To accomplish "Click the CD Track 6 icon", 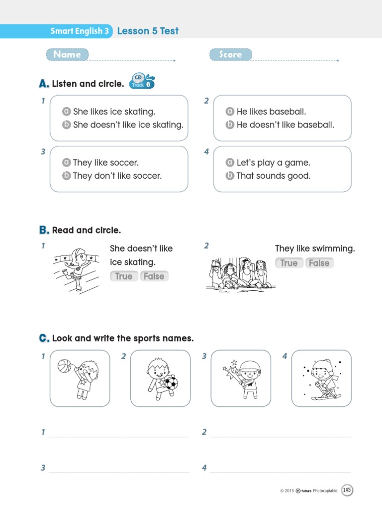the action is [x=142, y=81].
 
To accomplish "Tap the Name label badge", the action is [x=67, y=54].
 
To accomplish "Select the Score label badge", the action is [x=231, y=54].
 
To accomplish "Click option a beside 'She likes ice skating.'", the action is [x=66, y=112].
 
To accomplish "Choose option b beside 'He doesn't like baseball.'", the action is [x=230, y=125].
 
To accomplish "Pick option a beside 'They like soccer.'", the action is [x=66, y=162].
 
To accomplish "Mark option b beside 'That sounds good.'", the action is [x=230, y=176].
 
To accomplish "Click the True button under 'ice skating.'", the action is [x=124, y=276].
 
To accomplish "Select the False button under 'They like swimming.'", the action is [x=319, y=263].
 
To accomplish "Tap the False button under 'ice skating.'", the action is [x=154, y=276].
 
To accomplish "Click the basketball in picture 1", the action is [x=64, y=366].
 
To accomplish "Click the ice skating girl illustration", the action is [x=76, y=270].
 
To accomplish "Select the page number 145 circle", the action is [x=347, y=490].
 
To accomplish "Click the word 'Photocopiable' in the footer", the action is [x=325, y=491].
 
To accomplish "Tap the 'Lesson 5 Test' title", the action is [x=148, y=31].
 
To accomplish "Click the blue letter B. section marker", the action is [x=44, y=230].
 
